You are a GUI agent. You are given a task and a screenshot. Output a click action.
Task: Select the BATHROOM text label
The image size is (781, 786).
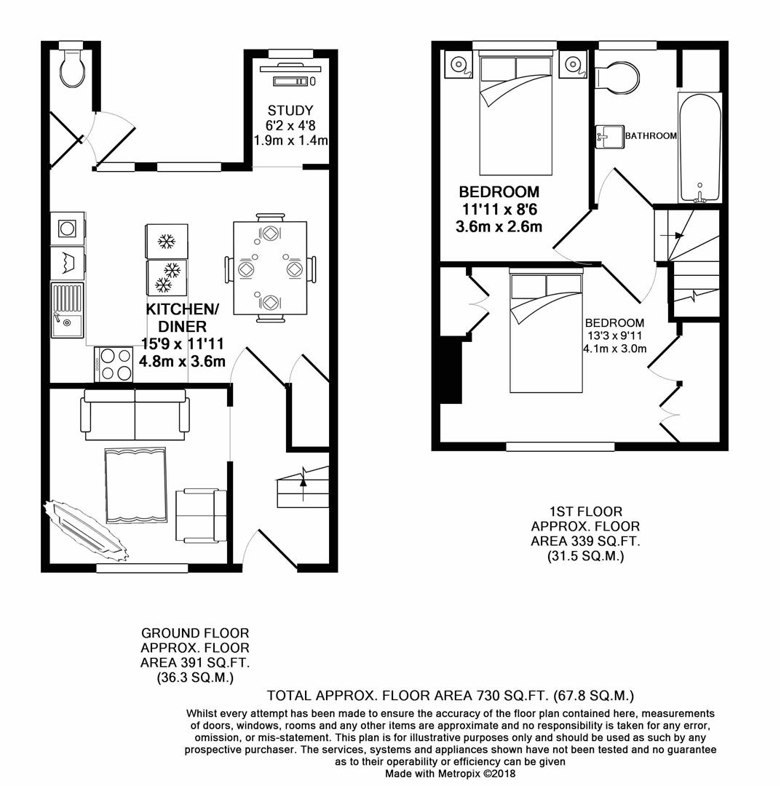tap(651, 136)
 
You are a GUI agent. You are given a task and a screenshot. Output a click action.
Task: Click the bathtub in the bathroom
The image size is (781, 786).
tap(699, 149)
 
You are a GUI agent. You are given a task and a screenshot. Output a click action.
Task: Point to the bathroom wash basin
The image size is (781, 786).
tap(609, 136)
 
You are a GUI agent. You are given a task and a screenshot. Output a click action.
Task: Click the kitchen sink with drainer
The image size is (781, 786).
tap(67, 311)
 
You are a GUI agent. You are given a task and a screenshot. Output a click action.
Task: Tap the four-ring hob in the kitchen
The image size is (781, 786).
tap(114, 364)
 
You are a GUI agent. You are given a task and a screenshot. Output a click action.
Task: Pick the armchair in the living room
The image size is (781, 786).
tap(200, 515)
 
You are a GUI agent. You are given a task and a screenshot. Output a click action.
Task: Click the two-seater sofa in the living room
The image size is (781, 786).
tap(136, 416)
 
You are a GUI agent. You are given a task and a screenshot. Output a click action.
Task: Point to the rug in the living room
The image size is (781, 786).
tap(136, 485)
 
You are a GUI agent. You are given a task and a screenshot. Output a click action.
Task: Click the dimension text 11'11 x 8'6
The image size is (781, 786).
tap(499, 210)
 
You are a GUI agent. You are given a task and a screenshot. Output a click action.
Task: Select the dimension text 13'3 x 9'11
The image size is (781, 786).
tap(615, 336)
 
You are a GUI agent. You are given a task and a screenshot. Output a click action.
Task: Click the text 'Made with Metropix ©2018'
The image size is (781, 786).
tap(450, 774)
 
